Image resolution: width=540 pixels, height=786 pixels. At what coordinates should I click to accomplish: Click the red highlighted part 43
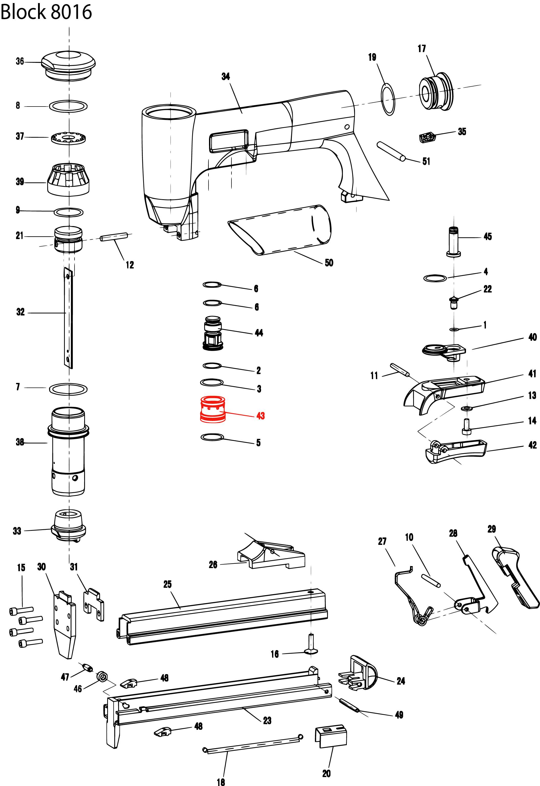213,409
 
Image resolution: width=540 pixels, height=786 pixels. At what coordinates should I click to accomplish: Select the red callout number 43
260,416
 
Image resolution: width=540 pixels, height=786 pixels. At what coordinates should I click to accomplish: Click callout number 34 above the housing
226,77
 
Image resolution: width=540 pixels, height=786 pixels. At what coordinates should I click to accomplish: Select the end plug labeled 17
436,91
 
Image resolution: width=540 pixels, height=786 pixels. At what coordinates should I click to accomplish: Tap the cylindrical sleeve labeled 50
281,230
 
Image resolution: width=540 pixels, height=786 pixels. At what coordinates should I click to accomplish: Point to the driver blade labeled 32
68,318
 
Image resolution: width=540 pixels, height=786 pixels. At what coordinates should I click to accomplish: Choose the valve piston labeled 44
213,334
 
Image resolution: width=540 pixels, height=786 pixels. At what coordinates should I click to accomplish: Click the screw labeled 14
466,426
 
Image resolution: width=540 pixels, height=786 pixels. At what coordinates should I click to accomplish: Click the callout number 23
267,720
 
